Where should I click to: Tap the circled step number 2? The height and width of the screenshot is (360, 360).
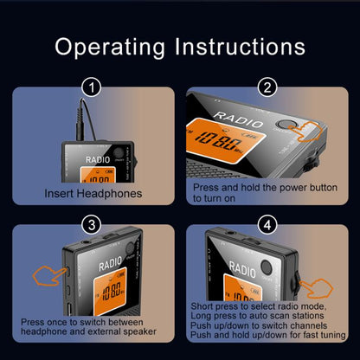[267, 87]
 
